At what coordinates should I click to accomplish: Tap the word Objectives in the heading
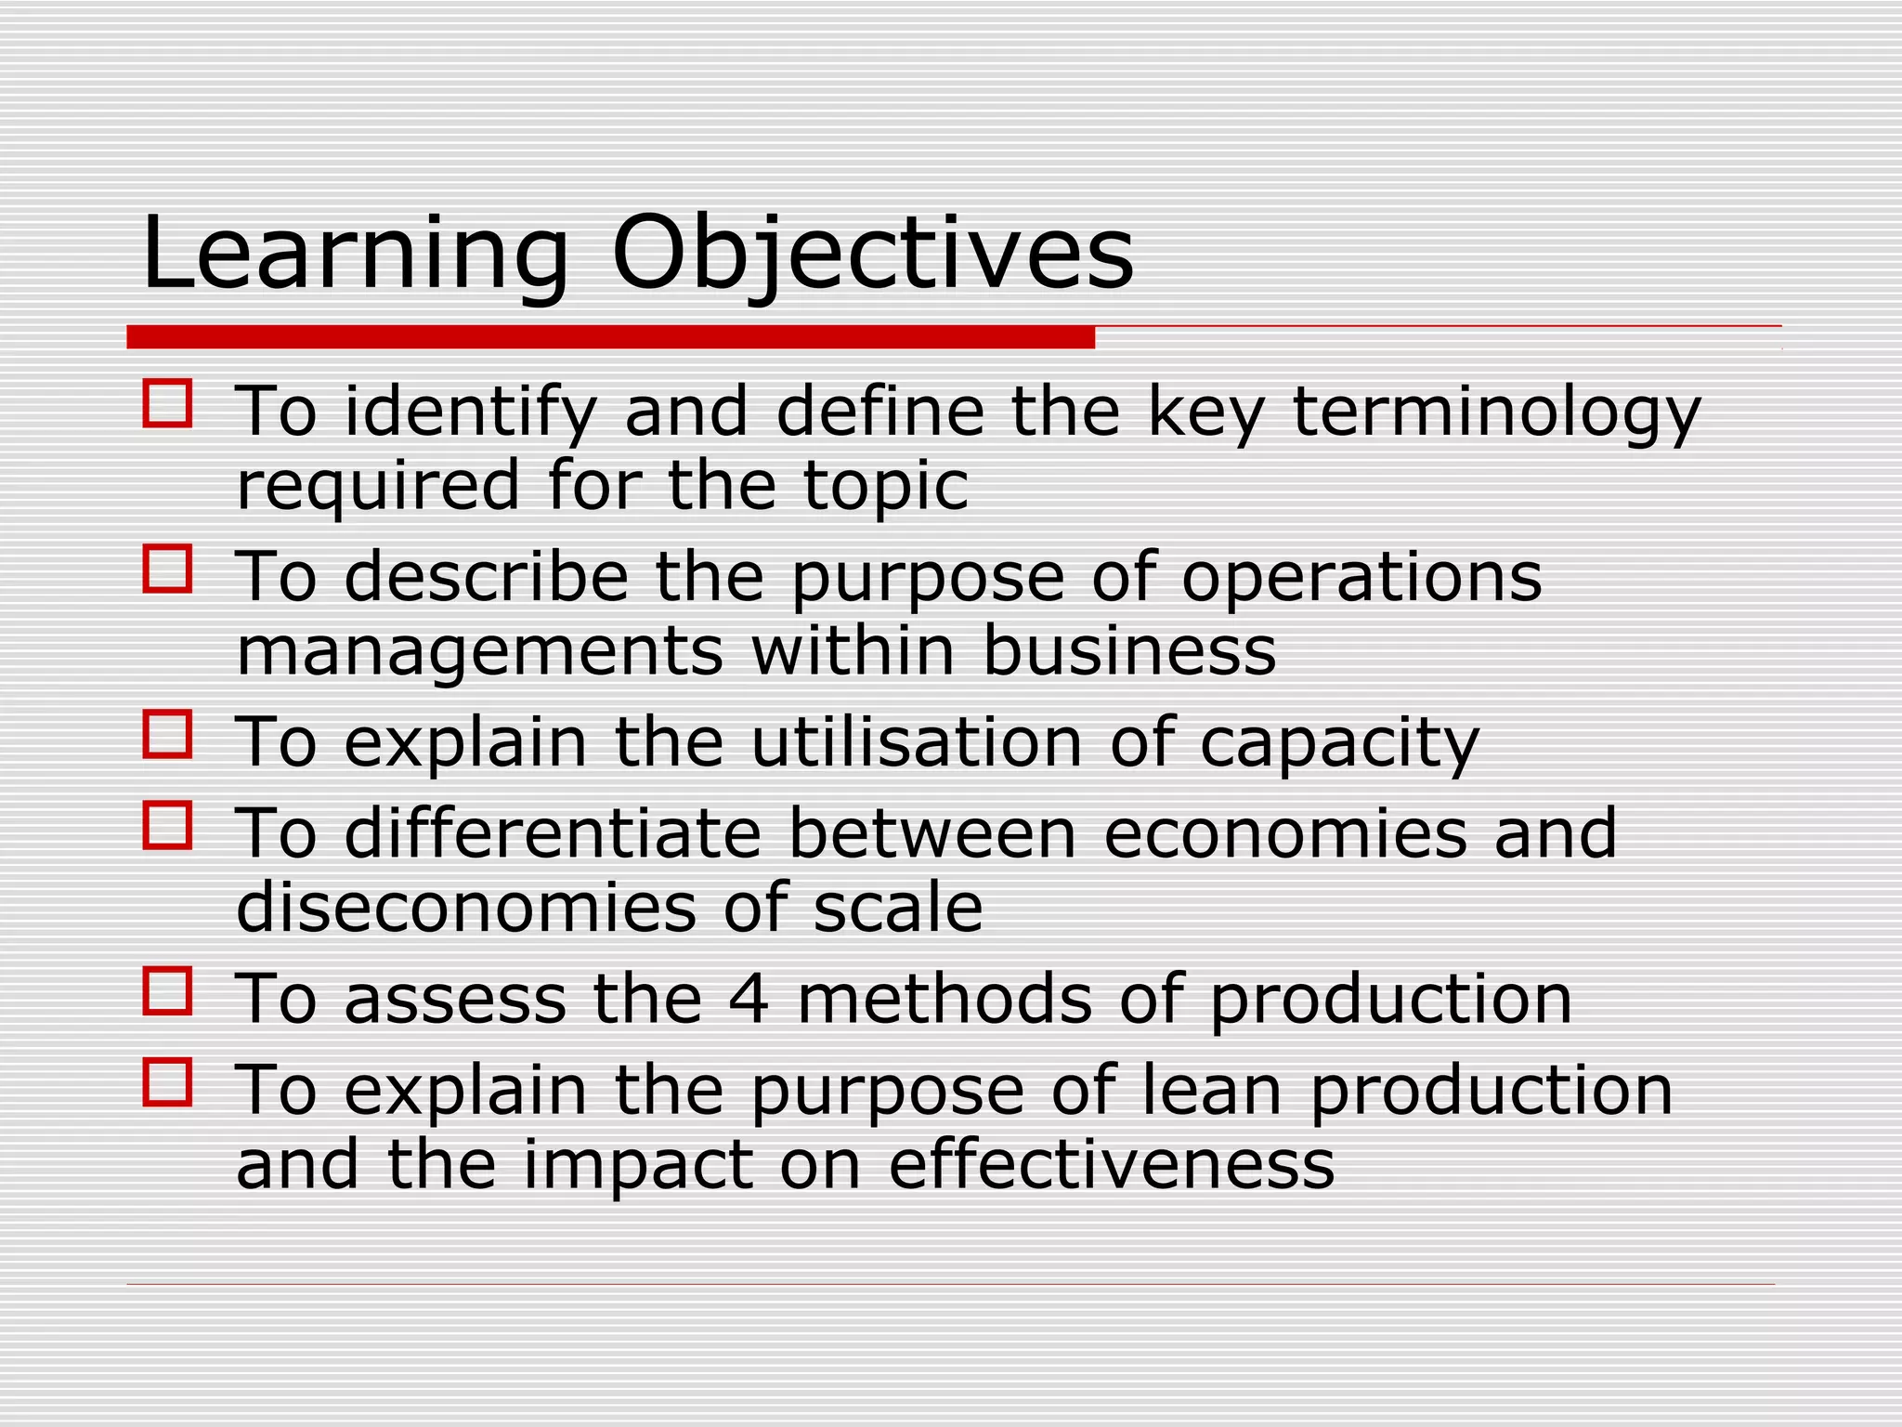[872, 254]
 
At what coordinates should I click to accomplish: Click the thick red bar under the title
[610, 337]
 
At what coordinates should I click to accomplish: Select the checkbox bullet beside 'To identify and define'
[167, 403]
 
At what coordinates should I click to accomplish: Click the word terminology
[1496, 412]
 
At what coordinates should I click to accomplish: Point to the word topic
[885, 486]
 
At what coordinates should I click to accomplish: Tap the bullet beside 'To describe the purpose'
[167, 569]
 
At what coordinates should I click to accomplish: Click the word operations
[1361, 577]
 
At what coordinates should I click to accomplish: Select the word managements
[479, 651]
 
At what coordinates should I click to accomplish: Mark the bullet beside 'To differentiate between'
[167, 825]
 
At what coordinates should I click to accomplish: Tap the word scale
[897, 908]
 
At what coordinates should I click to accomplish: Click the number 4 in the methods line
[749, 999]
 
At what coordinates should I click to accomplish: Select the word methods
[944, 999]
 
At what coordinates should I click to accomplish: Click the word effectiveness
[1112, 1164]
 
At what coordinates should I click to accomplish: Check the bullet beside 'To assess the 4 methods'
[167, 990]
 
